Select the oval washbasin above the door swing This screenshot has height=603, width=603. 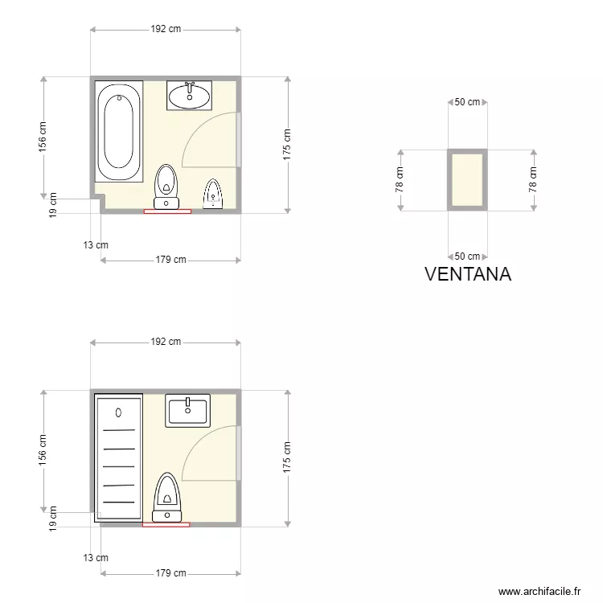coord(189,96)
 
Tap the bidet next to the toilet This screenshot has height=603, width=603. coord(213,194)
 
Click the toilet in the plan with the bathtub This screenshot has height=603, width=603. coord(166,185)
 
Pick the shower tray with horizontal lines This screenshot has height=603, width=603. coord(119,457)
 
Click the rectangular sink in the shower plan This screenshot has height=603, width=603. coord(187,410)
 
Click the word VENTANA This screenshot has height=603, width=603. coord(467,274)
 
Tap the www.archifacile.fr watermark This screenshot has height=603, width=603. coord(539,591)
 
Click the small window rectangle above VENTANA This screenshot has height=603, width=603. coord(467,180)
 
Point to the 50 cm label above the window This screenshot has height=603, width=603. coord(467,102)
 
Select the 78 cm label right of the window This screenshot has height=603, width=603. coord(532,180)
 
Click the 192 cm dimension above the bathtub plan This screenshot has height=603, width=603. coord(166,29)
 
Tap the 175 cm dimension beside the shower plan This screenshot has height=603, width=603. coord(287,458)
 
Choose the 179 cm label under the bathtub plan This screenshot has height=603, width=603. coord(170,260)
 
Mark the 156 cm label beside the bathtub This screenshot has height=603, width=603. coord(43,137)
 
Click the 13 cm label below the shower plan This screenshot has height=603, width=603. coord(96,557)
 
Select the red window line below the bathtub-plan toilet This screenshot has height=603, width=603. coord(167,211)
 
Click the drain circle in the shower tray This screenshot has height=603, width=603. coord(118,412)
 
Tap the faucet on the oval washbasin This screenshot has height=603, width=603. coord(190,84)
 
